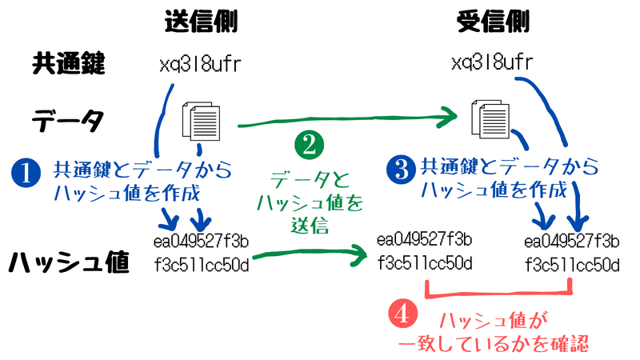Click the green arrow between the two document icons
point(344,122)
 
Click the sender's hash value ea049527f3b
point(201,241)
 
